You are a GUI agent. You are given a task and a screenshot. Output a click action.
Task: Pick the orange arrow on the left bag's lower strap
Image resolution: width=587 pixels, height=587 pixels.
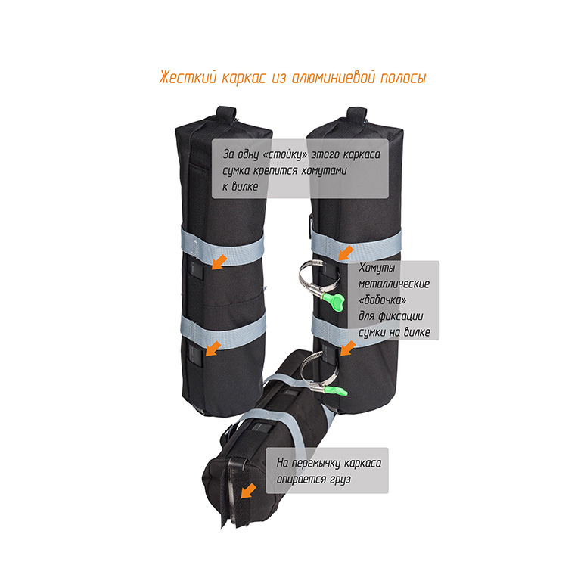214,347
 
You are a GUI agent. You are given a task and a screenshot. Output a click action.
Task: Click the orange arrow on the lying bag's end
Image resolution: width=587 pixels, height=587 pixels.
247,490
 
